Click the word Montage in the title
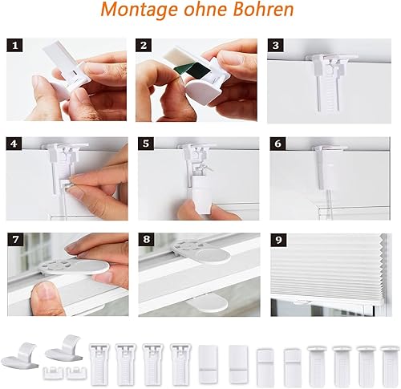pyautogui.click(x=140, y=10)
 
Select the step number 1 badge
pyautogui.click(x=14, y=46)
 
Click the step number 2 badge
pyautogui.click(x=144, y=46)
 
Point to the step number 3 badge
pyautogui.click(x=276, y=46)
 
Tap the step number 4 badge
pyautogui.click(x=14, y=144)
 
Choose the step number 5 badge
pyautogui.click(x=146, y=144)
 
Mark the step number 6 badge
pyautogui.click(x=277, y=144)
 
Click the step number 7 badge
pyautogui.click(x=15, y=240)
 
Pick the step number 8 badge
pyautogui.click(x=146, y=240)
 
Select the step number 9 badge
pyautogui.click(x=278, y=240)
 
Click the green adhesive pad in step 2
pyautogui.click(x=188, y=71)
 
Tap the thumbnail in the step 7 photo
pyautogui.click(x=45, y=294)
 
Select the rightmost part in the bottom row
pyautogui.click(x=391, y=364)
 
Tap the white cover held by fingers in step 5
pyautogui.click(x=204, y=196)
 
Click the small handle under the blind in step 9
pyautogui.click(x=302, y=302)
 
